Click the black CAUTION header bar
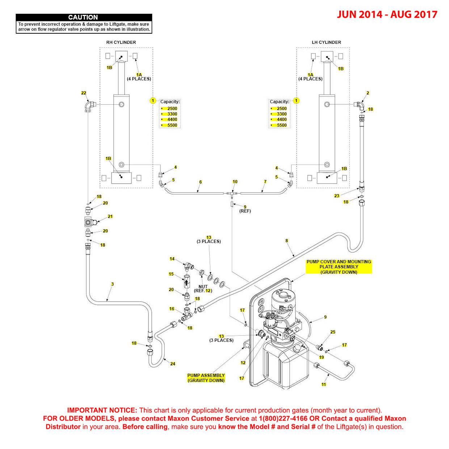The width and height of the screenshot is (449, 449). point(84,17)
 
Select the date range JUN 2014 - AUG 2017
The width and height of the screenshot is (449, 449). point(387,14)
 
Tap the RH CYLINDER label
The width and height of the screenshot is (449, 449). point(121,42)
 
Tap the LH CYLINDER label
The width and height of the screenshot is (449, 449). point(326,42)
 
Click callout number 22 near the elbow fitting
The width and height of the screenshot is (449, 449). point(84,93)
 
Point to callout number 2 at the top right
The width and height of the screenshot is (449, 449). point(368,93)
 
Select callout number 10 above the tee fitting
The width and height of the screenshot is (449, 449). point(235,182)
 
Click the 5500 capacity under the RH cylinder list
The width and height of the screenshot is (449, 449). point(172,125)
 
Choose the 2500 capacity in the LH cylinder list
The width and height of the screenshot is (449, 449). point(281,109)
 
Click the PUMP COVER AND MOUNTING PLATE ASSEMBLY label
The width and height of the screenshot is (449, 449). point(339,267)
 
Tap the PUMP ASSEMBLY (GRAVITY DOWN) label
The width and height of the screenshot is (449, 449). point(206,378)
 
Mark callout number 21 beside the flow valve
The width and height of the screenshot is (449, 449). point(110,217)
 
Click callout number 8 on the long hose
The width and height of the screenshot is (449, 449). point(287,240)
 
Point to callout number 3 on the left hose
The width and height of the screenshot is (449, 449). point(112,284)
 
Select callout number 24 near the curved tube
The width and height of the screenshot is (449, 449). point(173,364)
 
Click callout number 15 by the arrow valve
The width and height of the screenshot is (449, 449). point(171,274)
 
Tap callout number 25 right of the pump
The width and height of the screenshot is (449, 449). point(333,332)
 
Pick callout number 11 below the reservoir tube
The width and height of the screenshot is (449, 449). point(324,385)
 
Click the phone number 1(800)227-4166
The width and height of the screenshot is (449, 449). point(283,419)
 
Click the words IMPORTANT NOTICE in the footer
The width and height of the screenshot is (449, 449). point(102,410)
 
